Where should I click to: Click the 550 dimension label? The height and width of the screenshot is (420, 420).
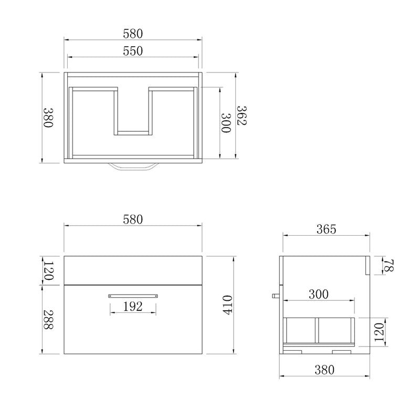(x=133, y=51)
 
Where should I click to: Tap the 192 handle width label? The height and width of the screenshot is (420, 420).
(x=133, y=307)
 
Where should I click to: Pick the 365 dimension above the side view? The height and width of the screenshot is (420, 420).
(x=325, y=229)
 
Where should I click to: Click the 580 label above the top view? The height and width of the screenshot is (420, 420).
(x=133, y=33)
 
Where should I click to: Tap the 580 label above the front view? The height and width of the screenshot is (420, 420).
(x=133, y=219)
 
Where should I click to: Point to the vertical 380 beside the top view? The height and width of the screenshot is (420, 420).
(x=48, y=118)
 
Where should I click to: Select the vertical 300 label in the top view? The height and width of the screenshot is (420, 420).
(x=226, y=123)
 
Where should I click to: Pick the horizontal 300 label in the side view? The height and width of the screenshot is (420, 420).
(x=319, y=295)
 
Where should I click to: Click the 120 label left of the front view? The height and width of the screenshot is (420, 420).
(x=48, y=270)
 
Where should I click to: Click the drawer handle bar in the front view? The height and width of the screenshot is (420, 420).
(x=133, y=296)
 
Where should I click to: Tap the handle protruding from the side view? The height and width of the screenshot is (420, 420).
(x=275, y=296)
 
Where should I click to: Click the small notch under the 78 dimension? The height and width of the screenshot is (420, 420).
(x=367, y=265)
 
